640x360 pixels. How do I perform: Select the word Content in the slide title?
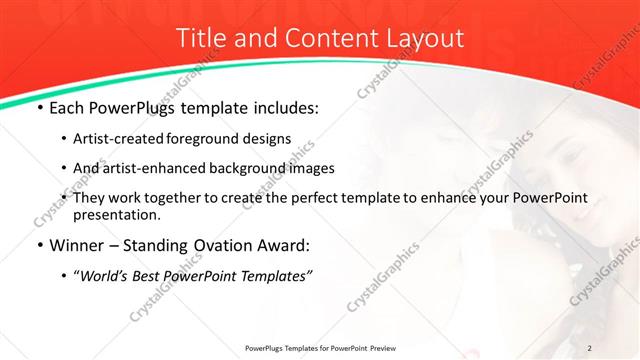pos(321,38)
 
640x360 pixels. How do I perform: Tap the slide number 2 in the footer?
pos(590,347)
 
